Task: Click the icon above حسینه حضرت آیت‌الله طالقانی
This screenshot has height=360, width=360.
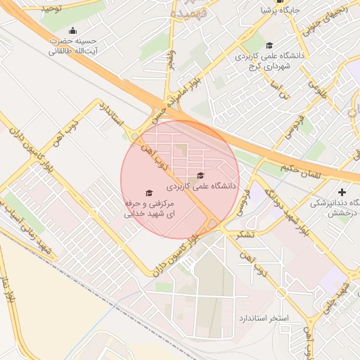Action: pyautogui.click(x=73, y=30)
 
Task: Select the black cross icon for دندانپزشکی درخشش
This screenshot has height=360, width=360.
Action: pyautogui.click(x=342, y=192)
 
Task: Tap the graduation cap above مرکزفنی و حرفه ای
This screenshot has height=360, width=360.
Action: pyautogui.click(x=148, y=193)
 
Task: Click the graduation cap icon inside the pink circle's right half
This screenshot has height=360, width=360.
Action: pyautogui.click(x=200, y=176)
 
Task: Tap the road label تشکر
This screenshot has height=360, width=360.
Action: pyautogui.click(x=246, y=233)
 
